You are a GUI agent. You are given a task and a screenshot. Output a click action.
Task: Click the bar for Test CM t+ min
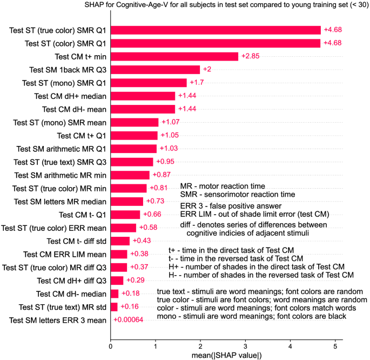(174, 56)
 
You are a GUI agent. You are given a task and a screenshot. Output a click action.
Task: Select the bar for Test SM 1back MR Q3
(155, 70)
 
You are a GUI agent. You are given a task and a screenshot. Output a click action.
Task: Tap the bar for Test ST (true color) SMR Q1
(216, 30)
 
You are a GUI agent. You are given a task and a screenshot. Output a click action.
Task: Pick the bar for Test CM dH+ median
(143, 96)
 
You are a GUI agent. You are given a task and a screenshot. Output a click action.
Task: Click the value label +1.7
(197, 83)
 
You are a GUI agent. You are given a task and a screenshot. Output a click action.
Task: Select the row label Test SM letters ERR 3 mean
(58, 320)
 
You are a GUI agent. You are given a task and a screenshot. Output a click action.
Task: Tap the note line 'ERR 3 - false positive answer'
(231, 206)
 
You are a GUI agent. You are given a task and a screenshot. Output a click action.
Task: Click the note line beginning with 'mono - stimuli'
(251, 316)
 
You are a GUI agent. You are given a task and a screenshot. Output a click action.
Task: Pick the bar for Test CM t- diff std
(120, 241)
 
